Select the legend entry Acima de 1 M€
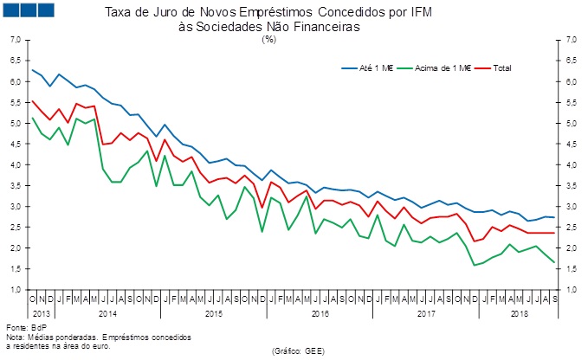tap(440, 67)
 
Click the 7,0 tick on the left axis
tap(16, 40)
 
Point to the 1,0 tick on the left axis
tap(16, 289)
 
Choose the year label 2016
tap(320, 312)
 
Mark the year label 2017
tap(427, 312)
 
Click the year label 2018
tap(520, 312)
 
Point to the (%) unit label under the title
tap(293, 39)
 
